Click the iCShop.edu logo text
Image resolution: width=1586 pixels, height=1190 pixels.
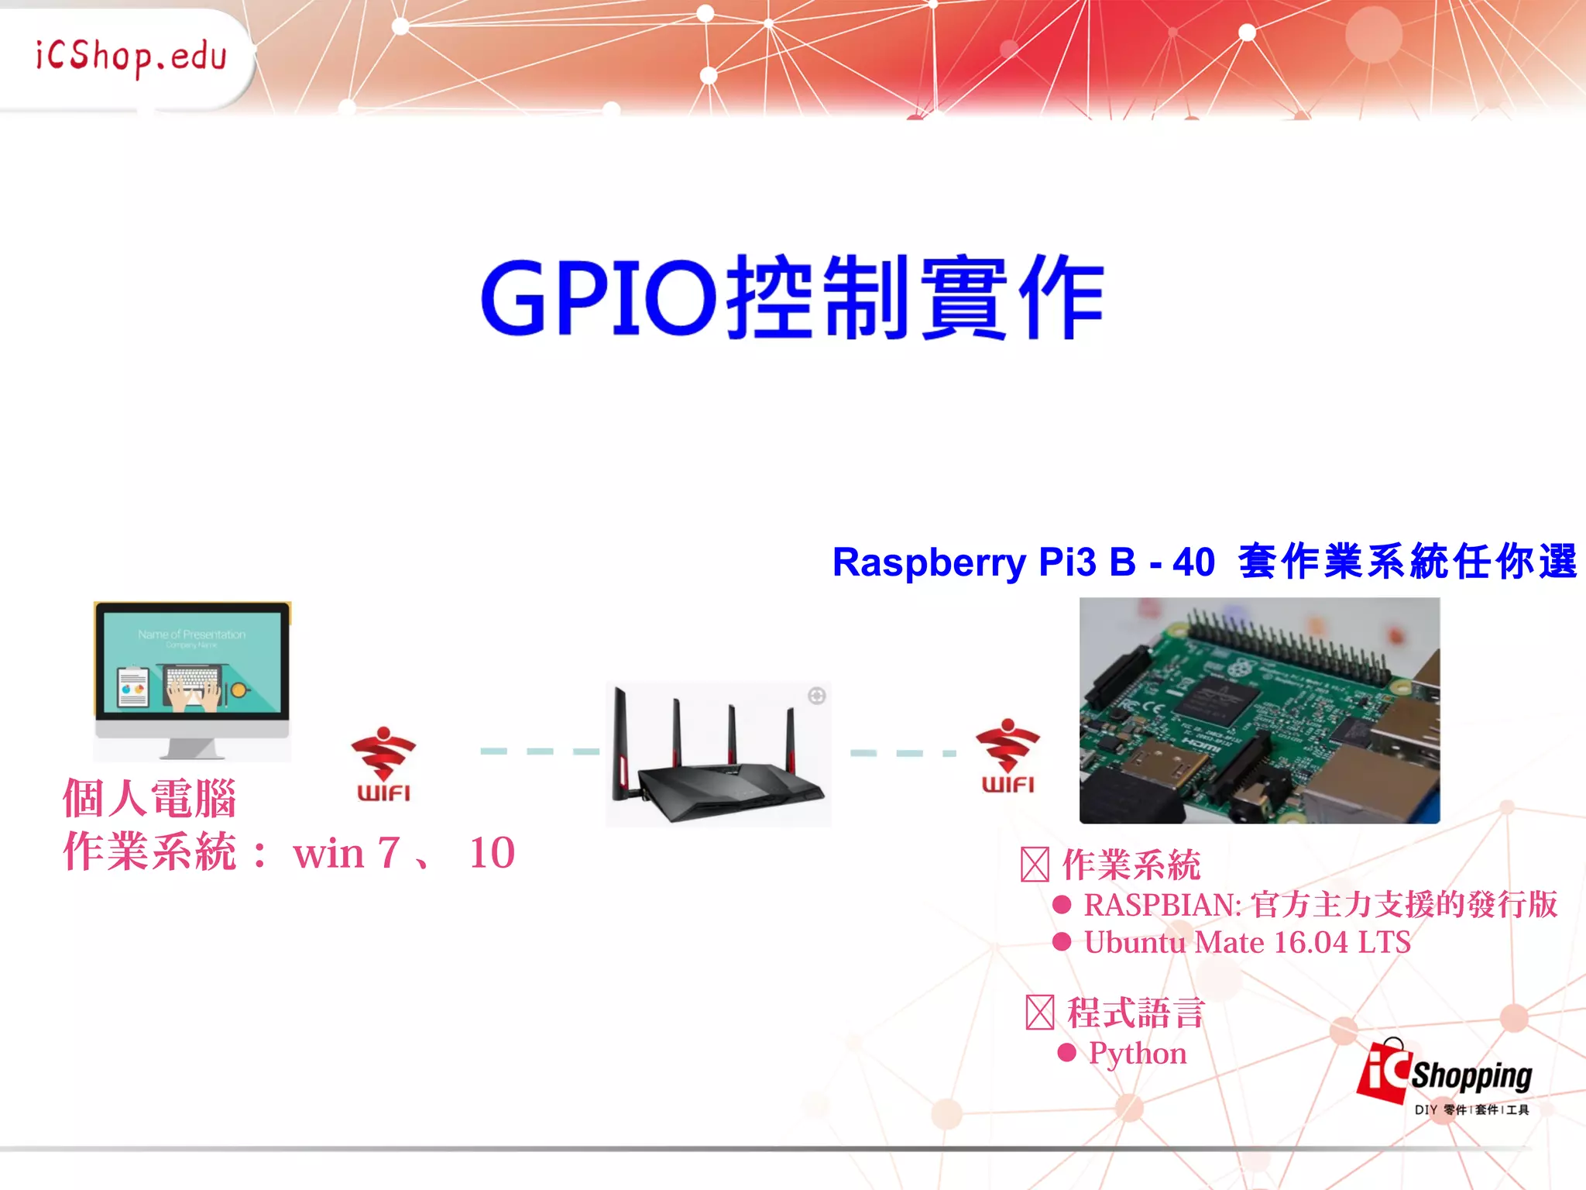click(131, 57)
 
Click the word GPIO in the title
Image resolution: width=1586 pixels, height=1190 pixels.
click(599, 298)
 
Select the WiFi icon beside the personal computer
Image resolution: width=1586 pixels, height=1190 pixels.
click(383, 763)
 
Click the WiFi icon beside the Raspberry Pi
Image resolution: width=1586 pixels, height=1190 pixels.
click(1008, 755)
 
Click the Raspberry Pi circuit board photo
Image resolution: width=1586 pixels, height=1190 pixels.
click(1259, 710)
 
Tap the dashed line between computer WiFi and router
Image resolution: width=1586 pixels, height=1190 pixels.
click(540, 751)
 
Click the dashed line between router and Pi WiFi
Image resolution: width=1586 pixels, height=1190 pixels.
click(903, 752)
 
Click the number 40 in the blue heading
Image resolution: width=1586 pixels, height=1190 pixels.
click(1193, 562)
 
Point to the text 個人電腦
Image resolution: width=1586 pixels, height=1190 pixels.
click(149, 799)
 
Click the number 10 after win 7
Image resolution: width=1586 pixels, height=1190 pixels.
click(492, 854)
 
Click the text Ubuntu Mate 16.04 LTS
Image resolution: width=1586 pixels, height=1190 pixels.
click(1247, 943)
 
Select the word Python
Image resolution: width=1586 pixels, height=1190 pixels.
click(1138, 1054)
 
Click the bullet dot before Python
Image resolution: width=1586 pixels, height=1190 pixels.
click(1066, 1052)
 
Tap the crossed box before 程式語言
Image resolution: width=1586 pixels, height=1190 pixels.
click(1039, 1013)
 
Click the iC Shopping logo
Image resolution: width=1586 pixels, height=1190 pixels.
click(1445, 1075)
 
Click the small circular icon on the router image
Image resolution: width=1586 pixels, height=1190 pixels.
click(816, 696)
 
